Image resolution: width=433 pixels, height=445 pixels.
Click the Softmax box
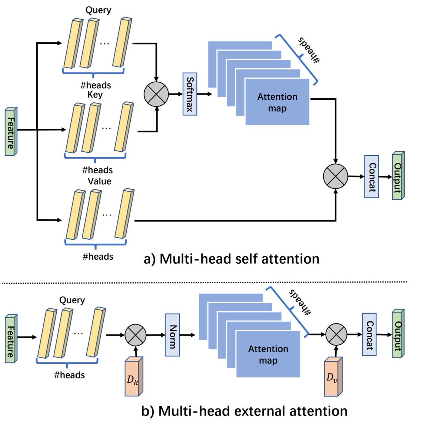click(190, 94)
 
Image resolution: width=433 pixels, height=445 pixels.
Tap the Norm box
click(173, 335)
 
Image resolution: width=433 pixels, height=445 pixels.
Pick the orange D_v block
click(333, 377)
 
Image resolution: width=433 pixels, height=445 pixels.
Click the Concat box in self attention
click(372, 177)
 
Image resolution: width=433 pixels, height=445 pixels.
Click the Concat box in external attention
click(369, 334)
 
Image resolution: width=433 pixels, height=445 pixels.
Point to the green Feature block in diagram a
click(11, 132)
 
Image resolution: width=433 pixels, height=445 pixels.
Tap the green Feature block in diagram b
click(11, 339)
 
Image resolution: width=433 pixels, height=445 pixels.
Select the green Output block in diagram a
click(398, 176)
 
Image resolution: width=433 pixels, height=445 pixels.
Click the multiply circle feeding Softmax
click(156, 94)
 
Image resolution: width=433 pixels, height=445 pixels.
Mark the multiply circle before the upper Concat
click(336, 176)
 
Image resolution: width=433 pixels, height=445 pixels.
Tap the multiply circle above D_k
click(136, 335)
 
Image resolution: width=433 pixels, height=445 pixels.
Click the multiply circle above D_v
click(336, 334)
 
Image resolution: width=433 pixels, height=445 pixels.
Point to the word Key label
click(95, 95)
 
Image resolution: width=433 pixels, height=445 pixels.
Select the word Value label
click(99, 181)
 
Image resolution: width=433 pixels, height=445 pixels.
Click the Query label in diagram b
click(72, 300)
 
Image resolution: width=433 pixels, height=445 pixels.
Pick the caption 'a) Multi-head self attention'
click(232, 259)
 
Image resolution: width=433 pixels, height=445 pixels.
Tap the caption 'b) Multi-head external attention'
click(244, 411)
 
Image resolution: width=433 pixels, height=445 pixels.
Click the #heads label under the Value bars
click(98, 256)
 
